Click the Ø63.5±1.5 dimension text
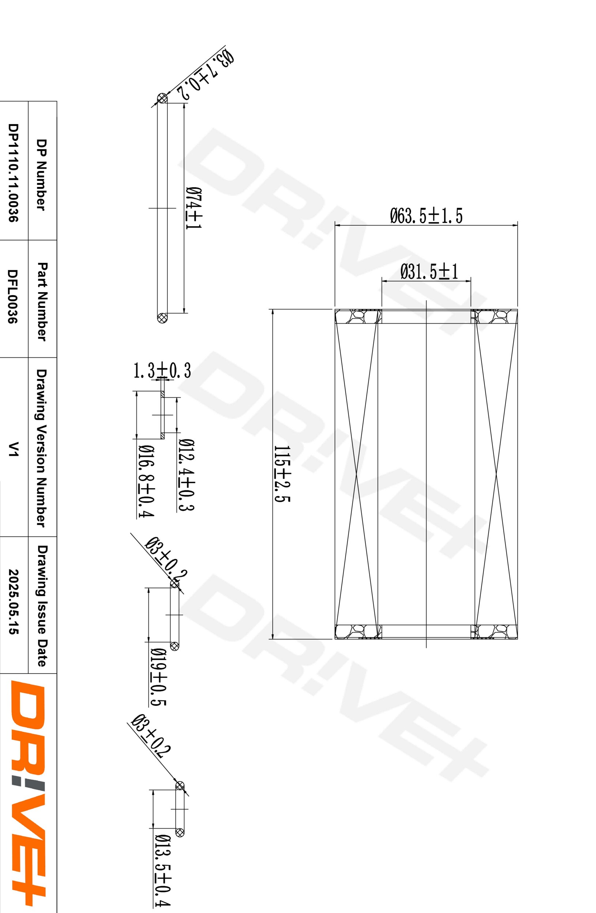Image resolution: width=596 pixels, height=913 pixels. click(426, 215)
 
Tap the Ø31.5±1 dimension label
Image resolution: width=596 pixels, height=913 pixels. click(429, 272)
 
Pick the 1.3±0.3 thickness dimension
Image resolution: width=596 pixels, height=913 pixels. click(162, 371)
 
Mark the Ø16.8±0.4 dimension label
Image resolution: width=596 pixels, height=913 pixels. click(146, 481)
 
